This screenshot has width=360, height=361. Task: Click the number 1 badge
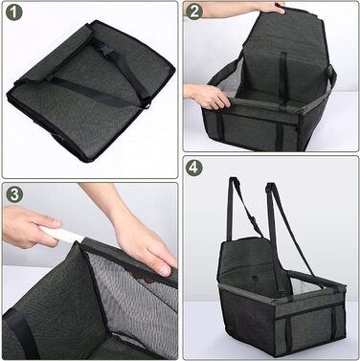[x=14, y=12]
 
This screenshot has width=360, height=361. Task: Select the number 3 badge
[x=14, y=193]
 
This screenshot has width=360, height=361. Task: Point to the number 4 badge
[x=194, y=168]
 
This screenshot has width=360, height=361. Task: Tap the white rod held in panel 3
[x=59, y=234]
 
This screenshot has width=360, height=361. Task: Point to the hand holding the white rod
[x=29, y=226]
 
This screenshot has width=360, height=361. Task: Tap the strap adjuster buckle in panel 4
[x=254, y=221]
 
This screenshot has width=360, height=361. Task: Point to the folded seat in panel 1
[x=92, y=90]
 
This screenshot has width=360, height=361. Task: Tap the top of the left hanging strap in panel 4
[x=235, y=181]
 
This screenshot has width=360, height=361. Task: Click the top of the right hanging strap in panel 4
[x=271, y=187]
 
